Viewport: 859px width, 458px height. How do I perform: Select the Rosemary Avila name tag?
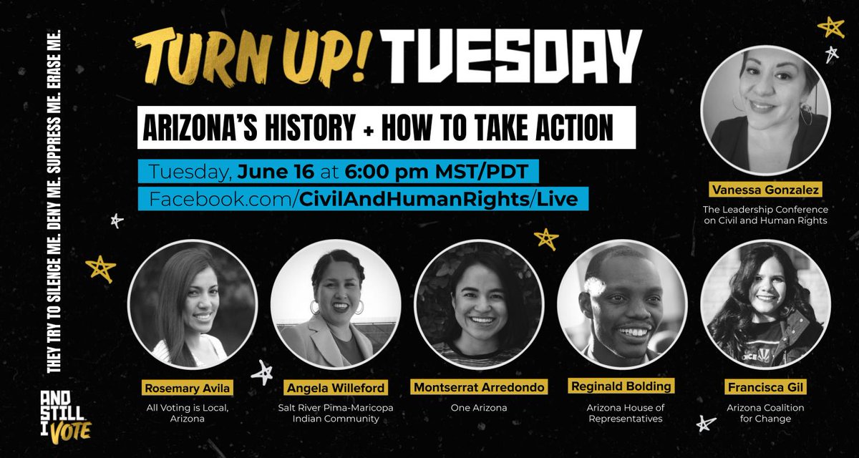pyautogui.click(x=192, y=387)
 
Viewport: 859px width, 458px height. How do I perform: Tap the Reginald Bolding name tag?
pyautogui.click(x=621, y=387)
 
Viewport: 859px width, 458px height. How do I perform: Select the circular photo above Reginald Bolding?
pyautogui.click(x=621, y=304)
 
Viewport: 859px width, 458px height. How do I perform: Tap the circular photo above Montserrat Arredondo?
pyautogui.click(x=478, y=304)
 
